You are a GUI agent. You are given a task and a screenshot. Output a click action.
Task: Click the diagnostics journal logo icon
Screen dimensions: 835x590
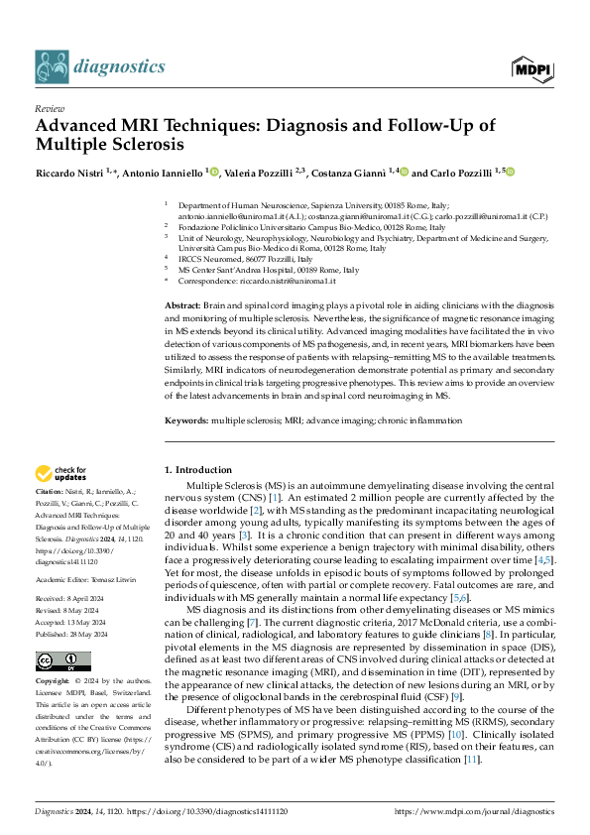point(52,66)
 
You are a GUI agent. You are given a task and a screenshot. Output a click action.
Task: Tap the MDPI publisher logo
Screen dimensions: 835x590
point(531,67)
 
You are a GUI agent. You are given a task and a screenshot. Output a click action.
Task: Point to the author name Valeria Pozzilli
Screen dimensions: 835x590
point(258,173)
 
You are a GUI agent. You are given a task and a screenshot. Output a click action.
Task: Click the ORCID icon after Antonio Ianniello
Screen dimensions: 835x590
point(213,172)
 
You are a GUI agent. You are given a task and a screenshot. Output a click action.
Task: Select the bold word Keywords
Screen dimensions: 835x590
point(185,420)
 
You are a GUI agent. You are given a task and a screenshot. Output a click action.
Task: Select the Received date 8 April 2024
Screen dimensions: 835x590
point(87,599)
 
